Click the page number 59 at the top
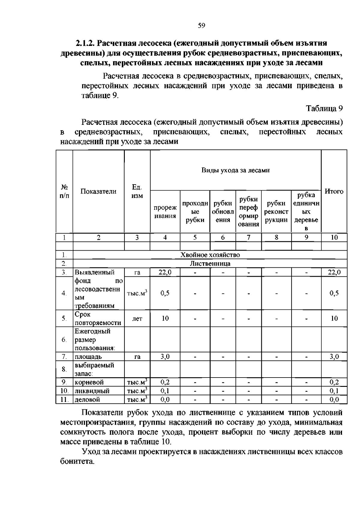[x=201, y=26]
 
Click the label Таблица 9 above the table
[x=324, y=108]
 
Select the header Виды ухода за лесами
[x=235, y=170]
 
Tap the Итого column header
[x=334, y=191]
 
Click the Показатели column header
[x=98, y=191]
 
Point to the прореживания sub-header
[x=165, y=212]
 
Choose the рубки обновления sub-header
[x=223, y=212]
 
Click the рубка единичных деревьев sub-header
[x=306, y=212]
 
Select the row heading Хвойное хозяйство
[x=210, y=255]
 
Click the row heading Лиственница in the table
[x=210, y=264]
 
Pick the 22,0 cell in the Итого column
[x=334, y=273]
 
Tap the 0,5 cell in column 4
[x=165, y=293]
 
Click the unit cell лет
[x=137, y=319]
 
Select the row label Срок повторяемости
[x=98, y=319]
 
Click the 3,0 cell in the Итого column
[x=334, y=357]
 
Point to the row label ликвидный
[x=92, y=391]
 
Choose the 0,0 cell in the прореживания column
[x=165, y=399]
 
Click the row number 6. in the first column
[x=64, y=340]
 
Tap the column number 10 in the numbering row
[x=334, y=237]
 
